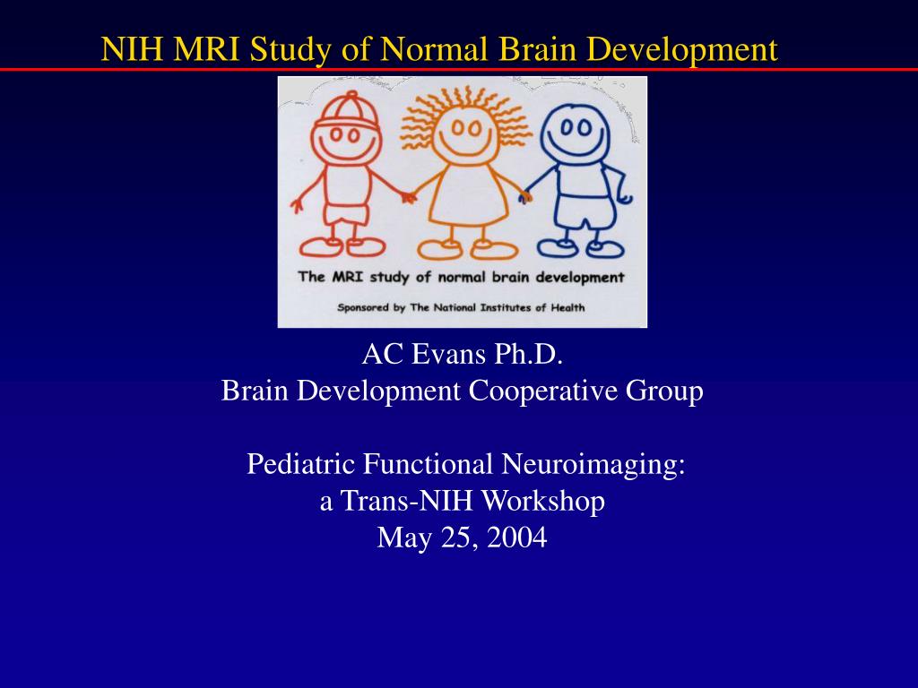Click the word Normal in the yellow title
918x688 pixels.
(x=433, y=49)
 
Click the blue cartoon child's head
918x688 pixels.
(x=575, y=134)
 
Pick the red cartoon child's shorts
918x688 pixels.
(x=347, y=212)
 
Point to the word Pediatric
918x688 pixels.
(x=301, y=464)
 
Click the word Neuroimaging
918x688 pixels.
(x=593, y=466)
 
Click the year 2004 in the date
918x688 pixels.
(x=517, y=537)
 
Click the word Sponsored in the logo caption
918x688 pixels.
(x=363, y=308)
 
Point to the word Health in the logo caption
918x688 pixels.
(x=567, y=307)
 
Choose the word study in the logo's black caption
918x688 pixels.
(x=389, y=278)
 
